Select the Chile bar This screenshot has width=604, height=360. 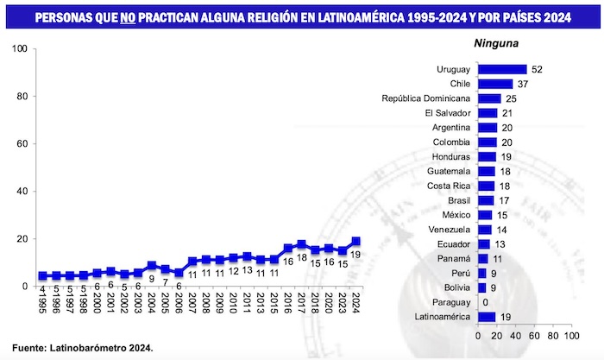pyautogui.click(x=495, y=84)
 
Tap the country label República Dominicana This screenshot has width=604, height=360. pyautogui.click(x=426, y=98)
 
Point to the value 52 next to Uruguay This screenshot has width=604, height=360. pyautogui.click(x=537, y=69)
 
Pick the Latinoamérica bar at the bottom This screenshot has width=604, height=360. pyautogui.click(x=487, y=318)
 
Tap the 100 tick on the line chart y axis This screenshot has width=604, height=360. pyautogui.click(x=18, y=48)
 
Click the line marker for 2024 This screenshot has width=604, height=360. pyautogui.click(x=355, y=242)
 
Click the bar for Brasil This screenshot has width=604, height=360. pyautogui.click(x=486, y=200)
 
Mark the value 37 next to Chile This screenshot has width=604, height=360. pyautogui.click(x=523, y=84)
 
